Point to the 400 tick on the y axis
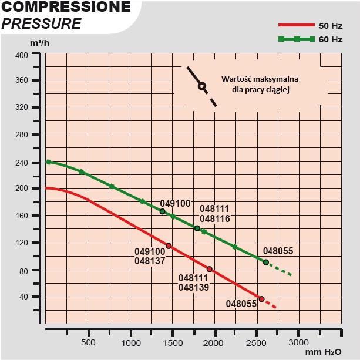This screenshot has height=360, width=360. click(x=21, y=55)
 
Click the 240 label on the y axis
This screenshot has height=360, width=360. click(x=21, y=162)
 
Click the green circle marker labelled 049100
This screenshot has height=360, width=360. click(x=163, y=211)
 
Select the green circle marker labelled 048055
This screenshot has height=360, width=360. click(x=266, y=263)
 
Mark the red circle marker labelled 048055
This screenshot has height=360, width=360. click(x=262, y=299)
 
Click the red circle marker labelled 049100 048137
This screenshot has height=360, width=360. click(x=169, y=246)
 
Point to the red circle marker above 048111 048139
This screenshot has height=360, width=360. click(x=209, y=269)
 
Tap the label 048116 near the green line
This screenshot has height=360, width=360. click(x=214, y=218)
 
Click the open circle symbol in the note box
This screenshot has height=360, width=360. click(x=202, y=86)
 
